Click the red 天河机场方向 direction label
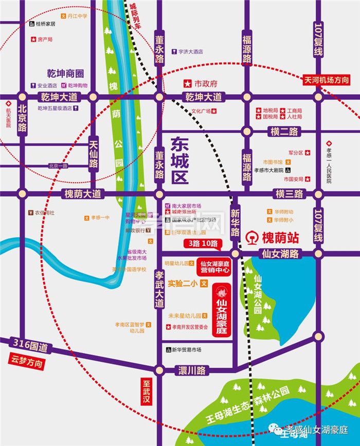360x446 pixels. pos(326,80)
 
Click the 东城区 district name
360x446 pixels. pos(180,161)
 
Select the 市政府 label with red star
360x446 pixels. pos(202,83)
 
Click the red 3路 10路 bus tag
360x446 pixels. pos(203,243)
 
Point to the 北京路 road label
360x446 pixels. pos(22,120)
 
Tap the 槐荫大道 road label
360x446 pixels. pos(83,194)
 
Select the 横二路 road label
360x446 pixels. pos(284,132)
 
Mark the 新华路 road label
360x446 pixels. pos(235,222)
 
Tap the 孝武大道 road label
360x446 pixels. pos(159,288)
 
